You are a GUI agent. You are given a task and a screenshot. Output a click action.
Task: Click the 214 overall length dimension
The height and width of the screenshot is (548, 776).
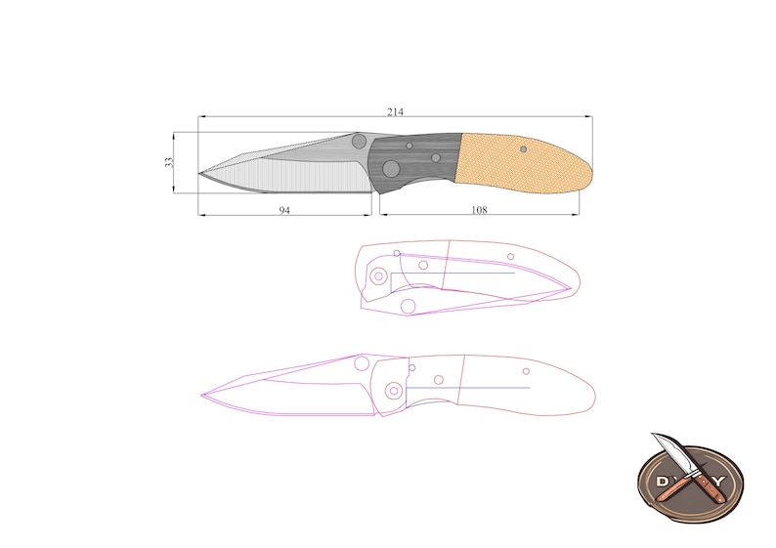pyautogui.click(x=395, y=112)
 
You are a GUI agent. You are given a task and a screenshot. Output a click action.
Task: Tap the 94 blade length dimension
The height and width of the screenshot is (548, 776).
pyautogui.click(x=284, y=209)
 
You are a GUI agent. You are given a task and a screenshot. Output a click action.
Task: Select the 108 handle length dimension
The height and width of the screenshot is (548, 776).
pyautogui.click(x=479, y=209)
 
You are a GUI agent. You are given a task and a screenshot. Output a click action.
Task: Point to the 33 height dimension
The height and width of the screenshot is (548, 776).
pyautogui.click(x=168, y=161)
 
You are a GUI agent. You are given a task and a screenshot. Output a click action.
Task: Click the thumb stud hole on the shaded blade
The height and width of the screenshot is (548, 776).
pyautogui.click(x=359, y=142)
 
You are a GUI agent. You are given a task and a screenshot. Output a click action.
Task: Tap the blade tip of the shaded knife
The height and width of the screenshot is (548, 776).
pyautogui.click(x=201, y=175)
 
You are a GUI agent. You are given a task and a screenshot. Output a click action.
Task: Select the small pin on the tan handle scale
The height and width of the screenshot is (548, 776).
pyautogui.click(x=524, y=148)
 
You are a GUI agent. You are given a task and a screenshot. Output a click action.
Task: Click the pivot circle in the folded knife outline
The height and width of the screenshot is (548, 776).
pyautogui.click(x=378, y=275)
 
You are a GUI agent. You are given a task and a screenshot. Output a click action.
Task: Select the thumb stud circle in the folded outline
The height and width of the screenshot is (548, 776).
pyautogui.click(x=409, y=307)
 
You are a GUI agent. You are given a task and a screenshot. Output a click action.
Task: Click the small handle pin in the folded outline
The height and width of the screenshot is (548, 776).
pyautogui.click(x=511, y=257)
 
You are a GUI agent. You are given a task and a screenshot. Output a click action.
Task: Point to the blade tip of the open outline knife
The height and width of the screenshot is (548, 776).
pyautogui.click(x=203, y=397)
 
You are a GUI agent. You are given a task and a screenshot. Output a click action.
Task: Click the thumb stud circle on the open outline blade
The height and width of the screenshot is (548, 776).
pyautogui.click(x=361, y=364)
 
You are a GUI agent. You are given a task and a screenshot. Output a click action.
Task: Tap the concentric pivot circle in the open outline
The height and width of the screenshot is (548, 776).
pyautogui.click(x=393, y=391)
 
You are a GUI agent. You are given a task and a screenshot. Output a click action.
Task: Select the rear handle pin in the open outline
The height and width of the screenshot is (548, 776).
pyautogui.click(x=526, y=371)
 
